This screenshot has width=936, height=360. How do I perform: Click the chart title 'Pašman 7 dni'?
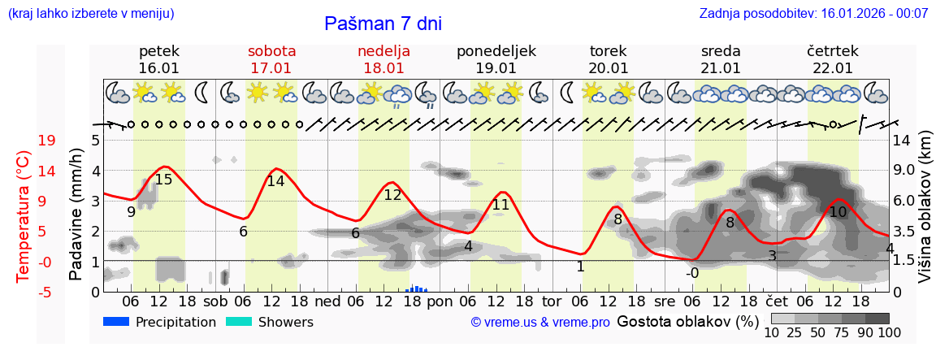pos(383,24)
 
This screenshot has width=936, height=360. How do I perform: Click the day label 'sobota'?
pos(271,51)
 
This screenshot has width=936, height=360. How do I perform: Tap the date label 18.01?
pos(383,68)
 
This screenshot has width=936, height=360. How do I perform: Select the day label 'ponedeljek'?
pos(496,51)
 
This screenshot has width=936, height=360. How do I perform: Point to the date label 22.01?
pos(833,68)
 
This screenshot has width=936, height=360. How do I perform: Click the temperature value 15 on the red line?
pos(163,180)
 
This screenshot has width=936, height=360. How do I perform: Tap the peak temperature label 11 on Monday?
pos(500,205)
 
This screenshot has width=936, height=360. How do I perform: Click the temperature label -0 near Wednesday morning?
pos(692,273)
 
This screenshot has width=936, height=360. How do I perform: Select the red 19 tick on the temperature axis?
pos(47,141)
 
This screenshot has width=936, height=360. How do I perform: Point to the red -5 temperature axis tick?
pos(47,292)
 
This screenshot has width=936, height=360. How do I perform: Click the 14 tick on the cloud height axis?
pos(901,141)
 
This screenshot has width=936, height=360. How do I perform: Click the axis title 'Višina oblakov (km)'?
pos(925,216)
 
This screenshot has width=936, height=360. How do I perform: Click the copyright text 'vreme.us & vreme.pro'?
pos(540,323)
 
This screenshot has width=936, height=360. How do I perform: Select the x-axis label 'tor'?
pos(552,301)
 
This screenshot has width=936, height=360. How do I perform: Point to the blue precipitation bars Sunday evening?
pos(417,288)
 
